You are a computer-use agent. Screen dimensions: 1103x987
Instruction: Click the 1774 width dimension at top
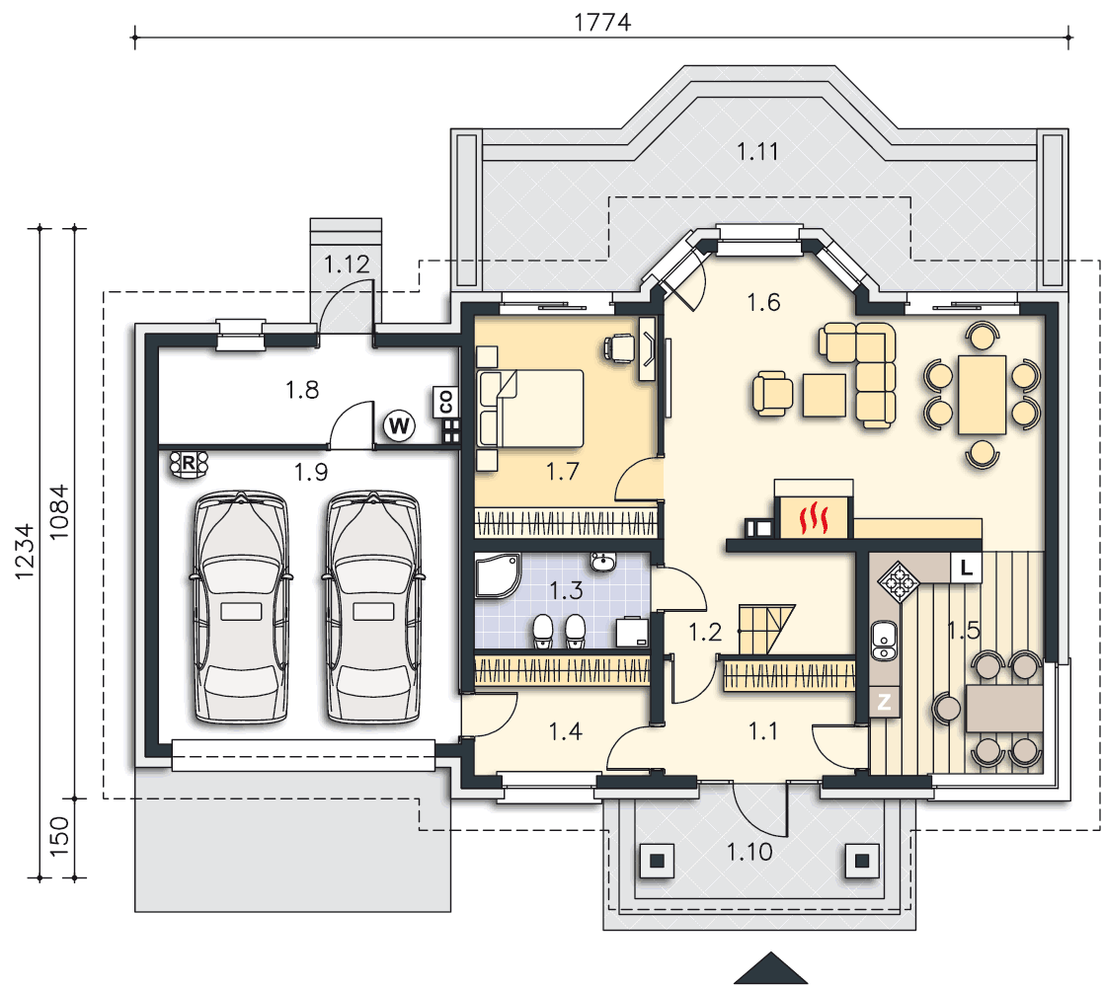pos(602,22)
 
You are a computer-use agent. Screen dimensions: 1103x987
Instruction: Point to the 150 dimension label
pos(59,836)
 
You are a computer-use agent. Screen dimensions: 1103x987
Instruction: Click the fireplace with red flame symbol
pos(814,517)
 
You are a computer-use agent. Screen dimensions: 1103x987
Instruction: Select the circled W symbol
pos(399,425)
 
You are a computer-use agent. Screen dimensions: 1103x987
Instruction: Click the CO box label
pos(445,402)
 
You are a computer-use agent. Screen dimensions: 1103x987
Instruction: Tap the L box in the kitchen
pos(967,568)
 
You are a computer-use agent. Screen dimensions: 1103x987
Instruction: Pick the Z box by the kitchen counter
pos(884,701)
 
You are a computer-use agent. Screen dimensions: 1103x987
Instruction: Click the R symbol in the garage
pos(189,464)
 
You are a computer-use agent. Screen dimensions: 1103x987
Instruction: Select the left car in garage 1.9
pos(241,607)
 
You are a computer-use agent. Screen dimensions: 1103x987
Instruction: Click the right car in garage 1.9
pos(373,607)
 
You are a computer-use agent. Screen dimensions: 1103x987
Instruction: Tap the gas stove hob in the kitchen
pos(899,581)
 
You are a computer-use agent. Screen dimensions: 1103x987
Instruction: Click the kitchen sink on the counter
pos(884,641)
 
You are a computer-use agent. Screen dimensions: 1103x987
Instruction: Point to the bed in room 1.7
pos(530,409)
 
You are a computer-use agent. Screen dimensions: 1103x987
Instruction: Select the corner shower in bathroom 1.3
pos(498,575)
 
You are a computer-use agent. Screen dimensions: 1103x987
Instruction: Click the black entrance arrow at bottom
pos(771,968)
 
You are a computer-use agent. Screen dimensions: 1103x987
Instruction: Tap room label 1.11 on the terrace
pos(757,151)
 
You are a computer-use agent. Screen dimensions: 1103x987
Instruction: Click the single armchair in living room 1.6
pos(772,394)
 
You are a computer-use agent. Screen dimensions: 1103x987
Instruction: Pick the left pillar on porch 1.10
pos(657,860)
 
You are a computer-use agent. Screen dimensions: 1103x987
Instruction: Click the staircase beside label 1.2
pos(765,629)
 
